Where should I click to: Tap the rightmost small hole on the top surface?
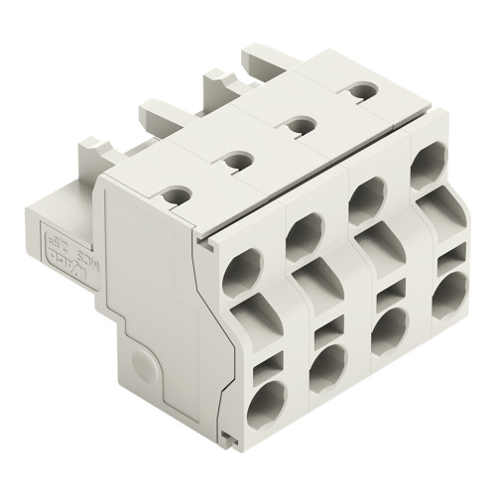[354, 90]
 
